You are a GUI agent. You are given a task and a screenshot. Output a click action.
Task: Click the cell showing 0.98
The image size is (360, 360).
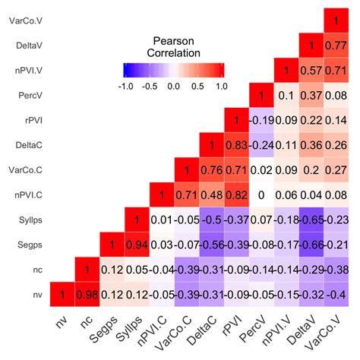[87, 294]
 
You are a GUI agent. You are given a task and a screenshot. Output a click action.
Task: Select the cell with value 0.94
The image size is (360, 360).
[137, 245]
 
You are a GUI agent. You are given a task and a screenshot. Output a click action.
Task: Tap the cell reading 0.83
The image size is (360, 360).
[236, 144]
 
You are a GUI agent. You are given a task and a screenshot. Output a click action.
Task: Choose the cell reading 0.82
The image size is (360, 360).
[236, 194]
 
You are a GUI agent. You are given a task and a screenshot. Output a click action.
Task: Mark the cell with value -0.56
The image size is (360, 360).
[211, 245]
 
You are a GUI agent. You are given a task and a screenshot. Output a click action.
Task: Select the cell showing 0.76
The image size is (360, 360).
[211, 169]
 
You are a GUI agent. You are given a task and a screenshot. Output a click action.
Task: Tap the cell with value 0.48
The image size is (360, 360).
[211, 194]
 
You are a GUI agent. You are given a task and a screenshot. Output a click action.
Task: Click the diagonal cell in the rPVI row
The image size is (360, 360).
[236, 121]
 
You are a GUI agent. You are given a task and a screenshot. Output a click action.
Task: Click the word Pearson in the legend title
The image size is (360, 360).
[174, 41]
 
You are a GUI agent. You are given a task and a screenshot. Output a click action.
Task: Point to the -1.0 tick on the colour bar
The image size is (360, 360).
[126, 86]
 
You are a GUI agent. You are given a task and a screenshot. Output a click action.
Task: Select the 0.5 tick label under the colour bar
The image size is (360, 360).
[197, 86]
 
